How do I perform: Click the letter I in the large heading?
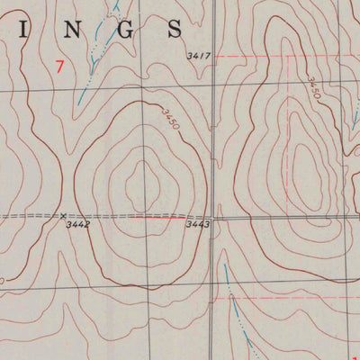pos(25,30)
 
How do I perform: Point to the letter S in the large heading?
pos(175,30)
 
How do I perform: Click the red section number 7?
pos(59,66)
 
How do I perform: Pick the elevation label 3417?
pos(198,57)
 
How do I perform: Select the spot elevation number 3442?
pos(77,225)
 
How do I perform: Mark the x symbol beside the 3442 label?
pos(63,216)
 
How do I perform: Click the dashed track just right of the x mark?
pos(90,217)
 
